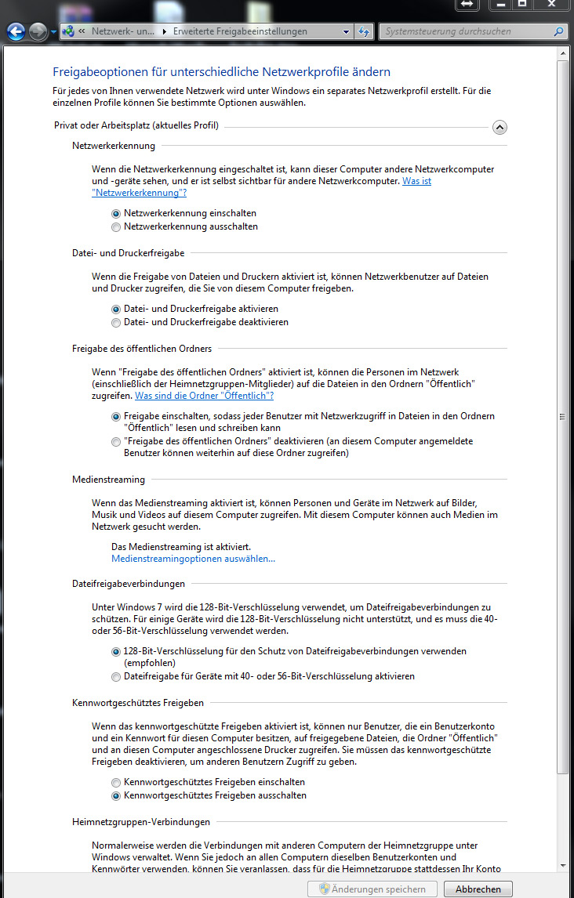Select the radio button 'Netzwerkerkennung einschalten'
click(116, 213)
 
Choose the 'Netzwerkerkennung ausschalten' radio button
click(116, 227)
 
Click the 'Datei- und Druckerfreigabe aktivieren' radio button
click(116, 310)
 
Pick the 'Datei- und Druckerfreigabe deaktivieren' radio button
click(116, 323)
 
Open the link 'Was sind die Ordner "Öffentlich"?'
click(204, 396)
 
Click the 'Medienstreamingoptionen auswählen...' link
click(193, 559)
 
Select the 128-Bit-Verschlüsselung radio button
click(116, 651)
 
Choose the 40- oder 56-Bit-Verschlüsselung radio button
click(116, 676)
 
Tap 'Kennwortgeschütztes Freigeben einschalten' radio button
click(116, 782)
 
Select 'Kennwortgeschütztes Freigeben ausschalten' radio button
click(116, 795)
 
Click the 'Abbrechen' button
click(478, 889)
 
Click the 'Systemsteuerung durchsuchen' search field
click(469, 32)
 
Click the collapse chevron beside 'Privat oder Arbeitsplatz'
click(500, 127)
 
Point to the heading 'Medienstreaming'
click(108, 480)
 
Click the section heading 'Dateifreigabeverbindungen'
click(129, 584)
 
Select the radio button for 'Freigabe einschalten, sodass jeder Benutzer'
click(116, 416)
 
